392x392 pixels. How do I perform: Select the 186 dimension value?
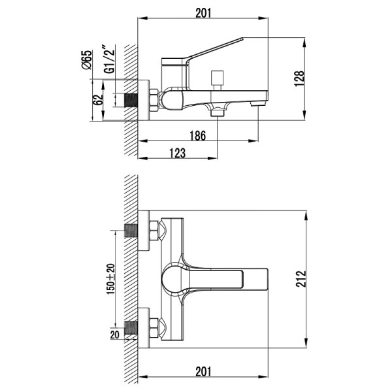[199, 135]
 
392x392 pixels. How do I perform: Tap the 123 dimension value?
[176, 153]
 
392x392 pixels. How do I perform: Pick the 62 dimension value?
[99, 100]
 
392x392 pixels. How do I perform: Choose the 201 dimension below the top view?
[203, 372]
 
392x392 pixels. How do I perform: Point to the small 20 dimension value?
[116, 335]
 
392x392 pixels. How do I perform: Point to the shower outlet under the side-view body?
[217, 112]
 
